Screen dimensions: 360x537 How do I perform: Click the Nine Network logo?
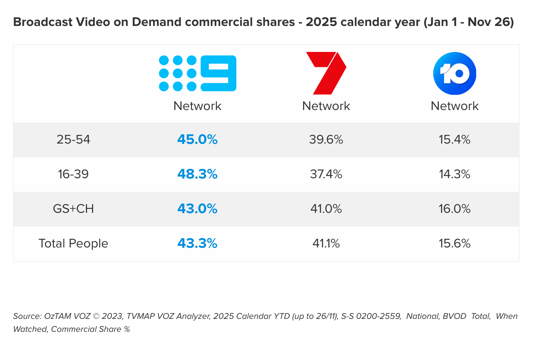[x=197, y=73]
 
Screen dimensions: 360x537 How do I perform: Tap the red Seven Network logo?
[x=326, y=73]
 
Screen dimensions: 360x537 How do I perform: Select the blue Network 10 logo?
[x=454, y=73]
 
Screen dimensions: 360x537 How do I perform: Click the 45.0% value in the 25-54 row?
[x=197, y=140]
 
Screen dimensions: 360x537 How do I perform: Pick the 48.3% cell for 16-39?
[x=197, y=174]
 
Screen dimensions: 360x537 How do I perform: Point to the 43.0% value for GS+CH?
[x=197, y=209]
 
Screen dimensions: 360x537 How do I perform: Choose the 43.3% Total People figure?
[x=197, y=243]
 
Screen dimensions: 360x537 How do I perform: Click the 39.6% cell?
[x=326, y=140]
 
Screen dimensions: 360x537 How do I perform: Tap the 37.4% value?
[x=326, y=174]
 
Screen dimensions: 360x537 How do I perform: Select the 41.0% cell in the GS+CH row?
[x=326, y=209]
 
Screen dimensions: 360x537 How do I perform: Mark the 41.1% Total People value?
[x=326, y=243]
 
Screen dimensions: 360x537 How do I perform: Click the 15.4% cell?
[x=454, y=140]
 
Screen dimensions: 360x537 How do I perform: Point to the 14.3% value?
[x=454, y=174]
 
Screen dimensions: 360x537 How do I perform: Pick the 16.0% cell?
[x=454, y=209]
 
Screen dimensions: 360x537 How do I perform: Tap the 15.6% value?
[x=454, y=243]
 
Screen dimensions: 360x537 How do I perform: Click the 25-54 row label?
[x=73, y=140]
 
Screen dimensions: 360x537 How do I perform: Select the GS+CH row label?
[x=73, y=209]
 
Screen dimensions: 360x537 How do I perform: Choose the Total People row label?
[x=73, y=243]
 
